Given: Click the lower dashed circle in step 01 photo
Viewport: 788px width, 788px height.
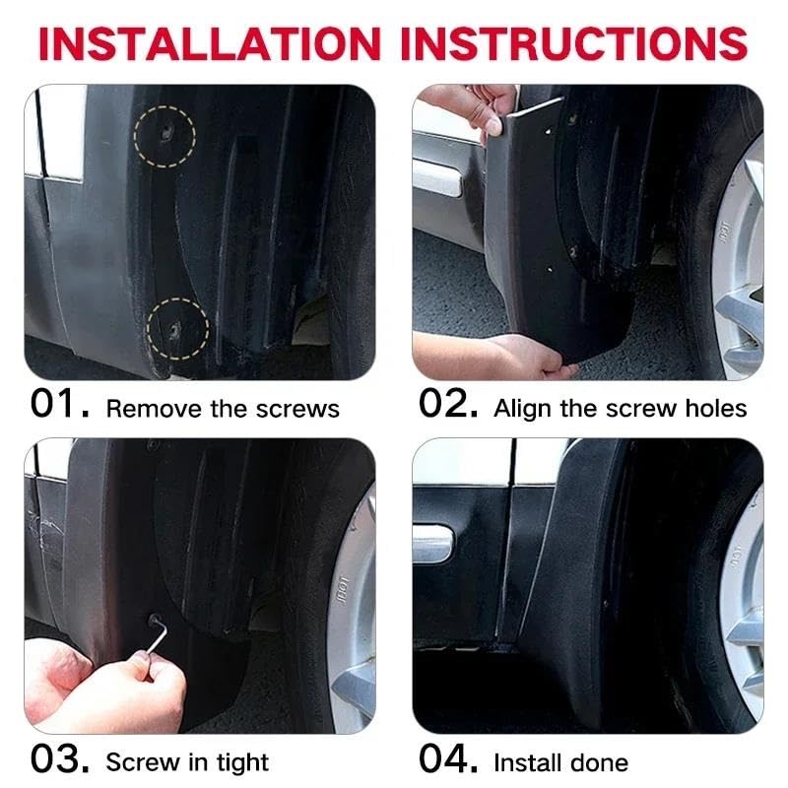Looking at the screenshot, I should coord(178,327).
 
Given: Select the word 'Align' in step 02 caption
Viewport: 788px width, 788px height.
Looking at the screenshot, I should coord(520,409).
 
